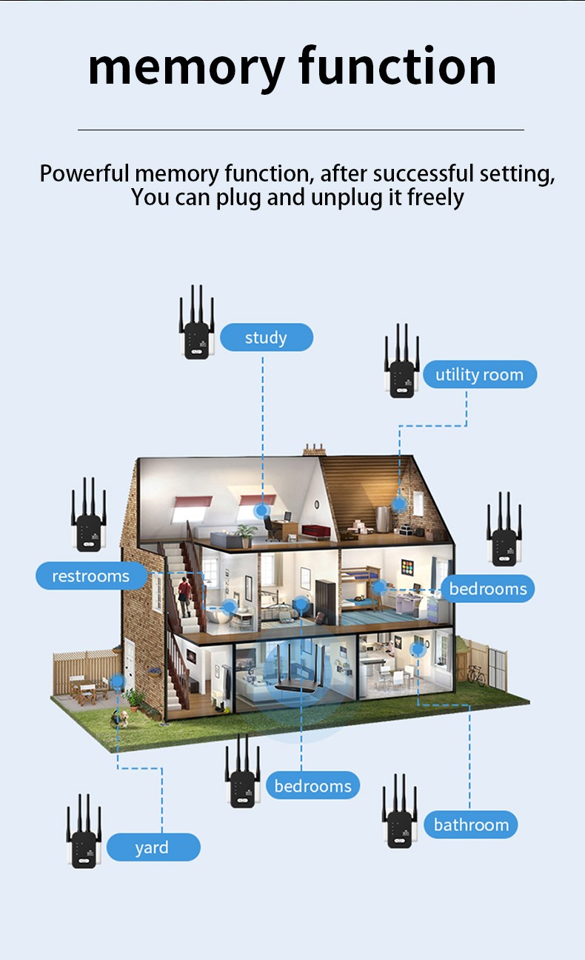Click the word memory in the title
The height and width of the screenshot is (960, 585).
[186, 68]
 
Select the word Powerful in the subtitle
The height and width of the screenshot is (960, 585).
[85, 174]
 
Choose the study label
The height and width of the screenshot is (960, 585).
[266, 338]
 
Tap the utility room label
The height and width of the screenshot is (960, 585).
[479, 375]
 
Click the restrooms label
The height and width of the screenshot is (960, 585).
[90, 576]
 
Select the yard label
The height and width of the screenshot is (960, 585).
[153, 847]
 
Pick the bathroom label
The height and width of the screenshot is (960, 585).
[471, 824]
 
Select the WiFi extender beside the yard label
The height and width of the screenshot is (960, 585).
[84, 833]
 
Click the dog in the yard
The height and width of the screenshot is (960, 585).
[122, 717]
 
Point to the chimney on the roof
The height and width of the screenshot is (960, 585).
[315, 449]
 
